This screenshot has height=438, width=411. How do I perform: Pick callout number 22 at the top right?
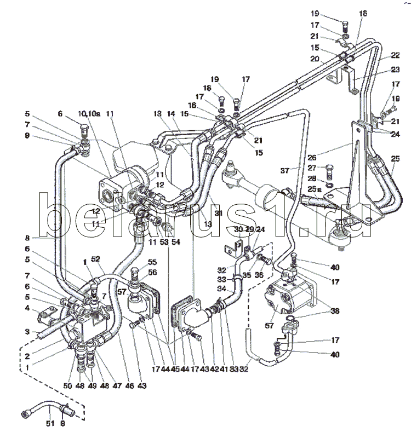coord(395,56)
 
